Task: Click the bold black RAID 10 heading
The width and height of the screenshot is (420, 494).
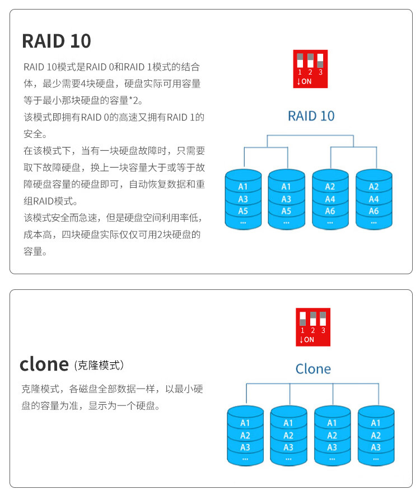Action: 56,41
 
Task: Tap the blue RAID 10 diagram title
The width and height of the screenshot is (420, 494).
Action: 311,116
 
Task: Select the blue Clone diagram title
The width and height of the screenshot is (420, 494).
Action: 313,369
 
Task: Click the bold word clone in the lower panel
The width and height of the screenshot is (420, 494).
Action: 44,364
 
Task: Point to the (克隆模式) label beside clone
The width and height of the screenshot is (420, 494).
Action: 99,366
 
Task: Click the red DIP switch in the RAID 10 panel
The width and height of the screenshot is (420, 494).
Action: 310,69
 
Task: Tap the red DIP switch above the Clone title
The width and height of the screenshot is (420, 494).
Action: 313,327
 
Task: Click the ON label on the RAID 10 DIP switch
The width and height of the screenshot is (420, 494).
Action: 306,81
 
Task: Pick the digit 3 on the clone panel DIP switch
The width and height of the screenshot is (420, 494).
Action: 323,331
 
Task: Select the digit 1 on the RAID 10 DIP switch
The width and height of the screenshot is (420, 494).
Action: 300,72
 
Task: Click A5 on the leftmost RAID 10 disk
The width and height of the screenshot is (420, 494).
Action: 243,211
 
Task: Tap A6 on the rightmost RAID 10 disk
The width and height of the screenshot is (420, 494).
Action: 374,211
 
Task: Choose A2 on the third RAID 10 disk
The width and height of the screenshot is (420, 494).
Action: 330,187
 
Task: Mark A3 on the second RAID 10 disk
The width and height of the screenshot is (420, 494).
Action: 286,199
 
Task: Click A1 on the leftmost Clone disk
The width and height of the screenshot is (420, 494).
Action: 245,423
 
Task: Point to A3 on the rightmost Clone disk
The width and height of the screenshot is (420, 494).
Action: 376,447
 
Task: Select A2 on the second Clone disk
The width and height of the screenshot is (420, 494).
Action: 288,436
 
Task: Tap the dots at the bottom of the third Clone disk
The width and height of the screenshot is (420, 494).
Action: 332,459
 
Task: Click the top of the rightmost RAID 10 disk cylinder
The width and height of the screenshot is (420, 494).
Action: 374,174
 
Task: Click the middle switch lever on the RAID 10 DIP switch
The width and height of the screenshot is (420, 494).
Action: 310,60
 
